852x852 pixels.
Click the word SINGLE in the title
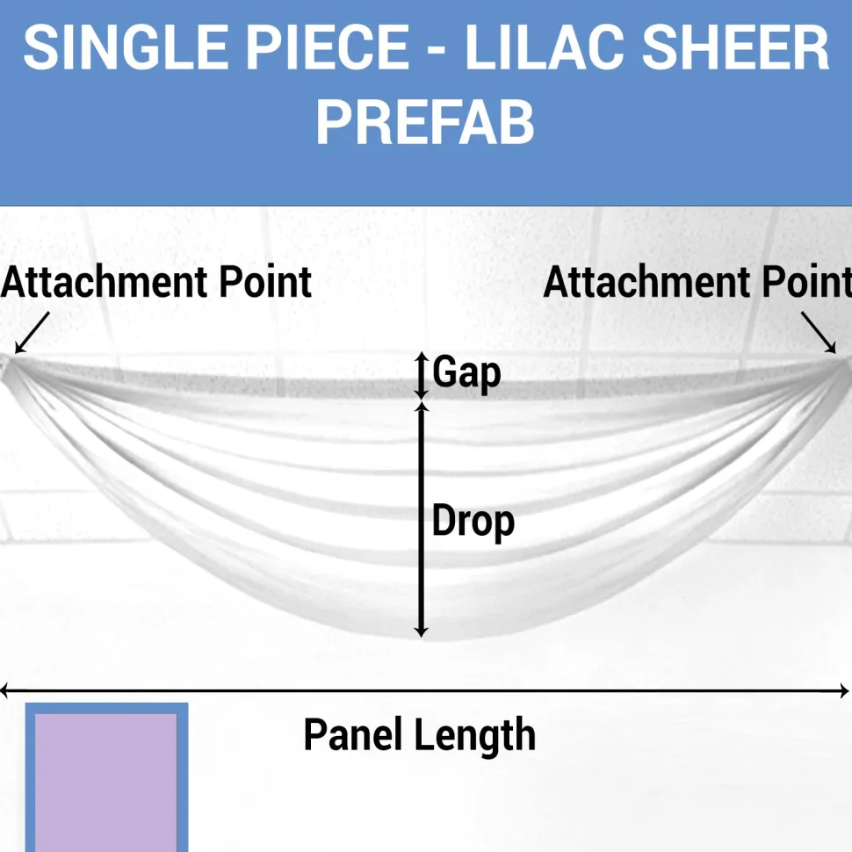pyautogui.click(x=126, y=47)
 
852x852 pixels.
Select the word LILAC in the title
pyautogui.click(x=545, y=47)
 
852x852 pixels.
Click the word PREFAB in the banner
pyautogui.click(x=425, y=122)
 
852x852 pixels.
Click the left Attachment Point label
pyautogui.click(x=156, y=283)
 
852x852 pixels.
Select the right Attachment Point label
pyautogui.click(x=697, y=283)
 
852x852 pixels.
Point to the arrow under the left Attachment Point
pyautogui.click(x=32, y=333)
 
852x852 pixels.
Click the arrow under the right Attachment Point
pyautogui.click(x=819, y=333)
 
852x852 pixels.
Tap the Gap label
pyautogui.click(x=466, y=373)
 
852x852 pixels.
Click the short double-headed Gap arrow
pyautogui.click(x=422, y=376)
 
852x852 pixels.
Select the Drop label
pyautogui.click(x=473, y=522)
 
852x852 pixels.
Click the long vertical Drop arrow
pyautogui.click(x=421, y=520)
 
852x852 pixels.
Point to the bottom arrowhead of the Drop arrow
pyautogui.click(x=421, y=632)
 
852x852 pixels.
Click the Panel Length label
pyautogui.click(x=420, y=735)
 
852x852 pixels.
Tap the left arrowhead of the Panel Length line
pyautogui.click(x=4, y=691)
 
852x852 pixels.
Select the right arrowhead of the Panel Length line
pyautogui.click(x=844, y=691)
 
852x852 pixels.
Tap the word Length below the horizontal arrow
pyautogui.click(x=475, y=736)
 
